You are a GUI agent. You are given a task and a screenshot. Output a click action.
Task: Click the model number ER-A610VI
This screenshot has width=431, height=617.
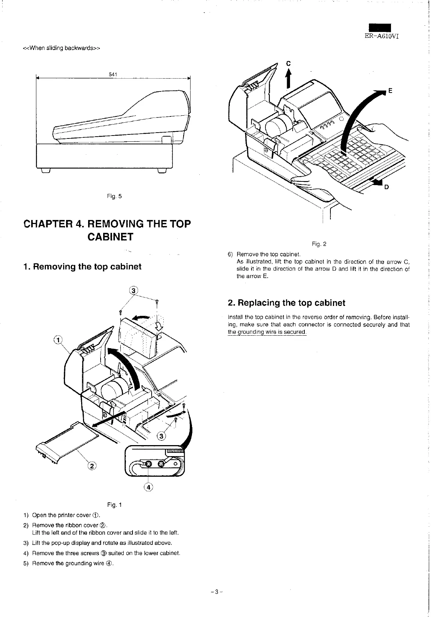click(381, 36)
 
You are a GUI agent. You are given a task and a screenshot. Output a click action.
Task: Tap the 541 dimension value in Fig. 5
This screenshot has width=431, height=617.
click(113, 75)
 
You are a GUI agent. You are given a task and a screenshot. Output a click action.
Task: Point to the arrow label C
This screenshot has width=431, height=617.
click(289, 64)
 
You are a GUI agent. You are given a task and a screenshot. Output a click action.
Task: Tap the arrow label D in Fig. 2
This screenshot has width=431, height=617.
click(386, 187)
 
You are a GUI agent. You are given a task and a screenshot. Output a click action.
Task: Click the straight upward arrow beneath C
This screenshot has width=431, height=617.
click(289, 80)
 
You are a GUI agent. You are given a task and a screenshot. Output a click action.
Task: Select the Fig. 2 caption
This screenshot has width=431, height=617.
click(319, 244)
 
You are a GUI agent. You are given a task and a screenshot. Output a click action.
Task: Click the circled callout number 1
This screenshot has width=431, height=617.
click(58, 339)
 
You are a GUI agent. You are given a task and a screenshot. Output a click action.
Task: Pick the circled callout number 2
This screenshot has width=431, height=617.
click(91, 466)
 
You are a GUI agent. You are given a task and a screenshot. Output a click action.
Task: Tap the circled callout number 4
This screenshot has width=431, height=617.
click(148, 487)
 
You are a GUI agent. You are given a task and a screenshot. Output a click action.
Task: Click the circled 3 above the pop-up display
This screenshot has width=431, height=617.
click(133, 290)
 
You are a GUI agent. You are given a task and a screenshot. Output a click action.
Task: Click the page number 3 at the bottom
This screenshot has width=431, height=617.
click(217, 592)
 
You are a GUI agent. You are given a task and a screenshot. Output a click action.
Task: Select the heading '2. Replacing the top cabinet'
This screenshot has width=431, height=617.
click(286, 303)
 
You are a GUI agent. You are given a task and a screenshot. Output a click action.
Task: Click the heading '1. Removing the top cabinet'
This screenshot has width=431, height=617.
click(82, 267)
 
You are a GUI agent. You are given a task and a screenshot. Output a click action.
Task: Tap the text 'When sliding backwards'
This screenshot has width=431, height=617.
click(62, 48)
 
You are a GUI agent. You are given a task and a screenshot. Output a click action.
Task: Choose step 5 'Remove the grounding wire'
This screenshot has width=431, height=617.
click(73, 563)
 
